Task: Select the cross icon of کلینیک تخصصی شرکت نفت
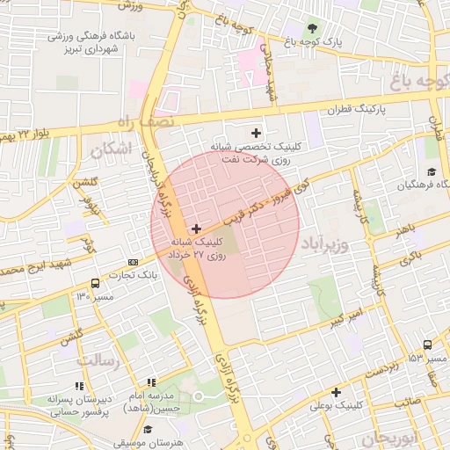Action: (256, 133)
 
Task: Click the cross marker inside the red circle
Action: (195, 229)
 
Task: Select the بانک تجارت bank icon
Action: (133, 262)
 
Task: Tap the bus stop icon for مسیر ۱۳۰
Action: (95, 283)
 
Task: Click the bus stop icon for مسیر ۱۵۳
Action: (427, 345)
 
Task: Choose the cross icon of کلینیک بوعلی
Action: (335, 392)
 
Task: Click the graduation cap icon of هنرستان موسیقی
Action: (148, 430)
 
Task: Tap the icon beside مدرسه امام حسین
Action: (151, 383)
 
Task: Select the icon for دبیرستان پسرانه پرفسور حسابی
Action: (79, 385)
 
